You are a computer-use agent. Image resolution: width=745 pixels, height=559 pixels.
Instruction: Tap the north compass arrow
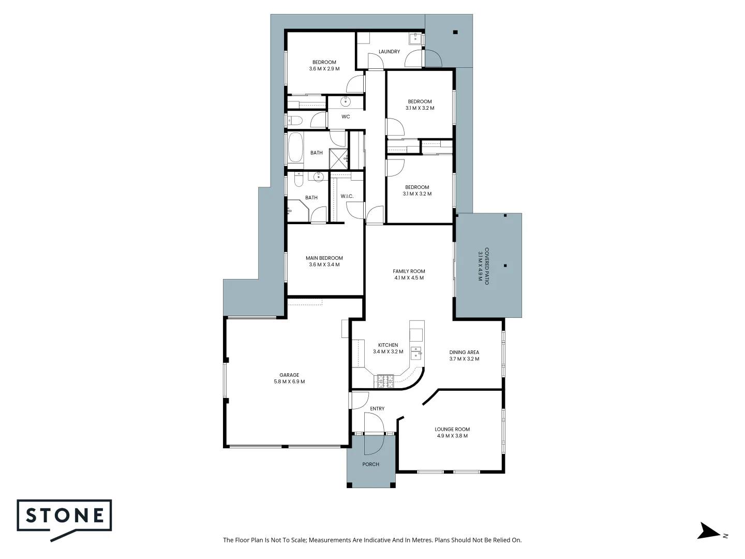(708, 531)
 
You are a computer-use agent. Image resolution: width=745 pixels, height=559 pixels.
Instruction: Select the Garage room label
(289, 375)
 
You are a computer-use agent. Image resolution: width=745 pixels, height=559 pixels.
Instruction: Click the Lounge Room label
(452, 429)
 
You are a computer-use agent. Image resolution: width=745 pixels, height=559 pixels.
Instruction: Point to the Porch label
(370, 464)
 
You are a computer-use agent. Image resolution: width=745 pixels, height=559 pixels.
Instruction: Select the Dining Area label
(464, 352)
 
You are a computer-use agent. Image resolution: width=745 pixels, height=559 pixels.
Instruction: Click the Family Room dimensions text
(409, 278)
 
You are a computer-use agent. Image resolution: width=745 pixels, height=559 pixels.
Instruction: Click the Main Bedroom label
(324, 258)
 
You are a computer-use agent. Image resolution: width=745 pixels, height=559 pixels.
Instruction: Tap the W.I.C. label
(347, 196)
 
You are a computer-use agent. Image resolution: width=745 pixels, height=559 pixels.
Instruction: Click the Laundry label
(389, 52)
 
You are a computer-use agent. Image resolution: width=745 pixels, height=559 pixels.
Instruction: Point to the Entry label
(377, 409)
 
